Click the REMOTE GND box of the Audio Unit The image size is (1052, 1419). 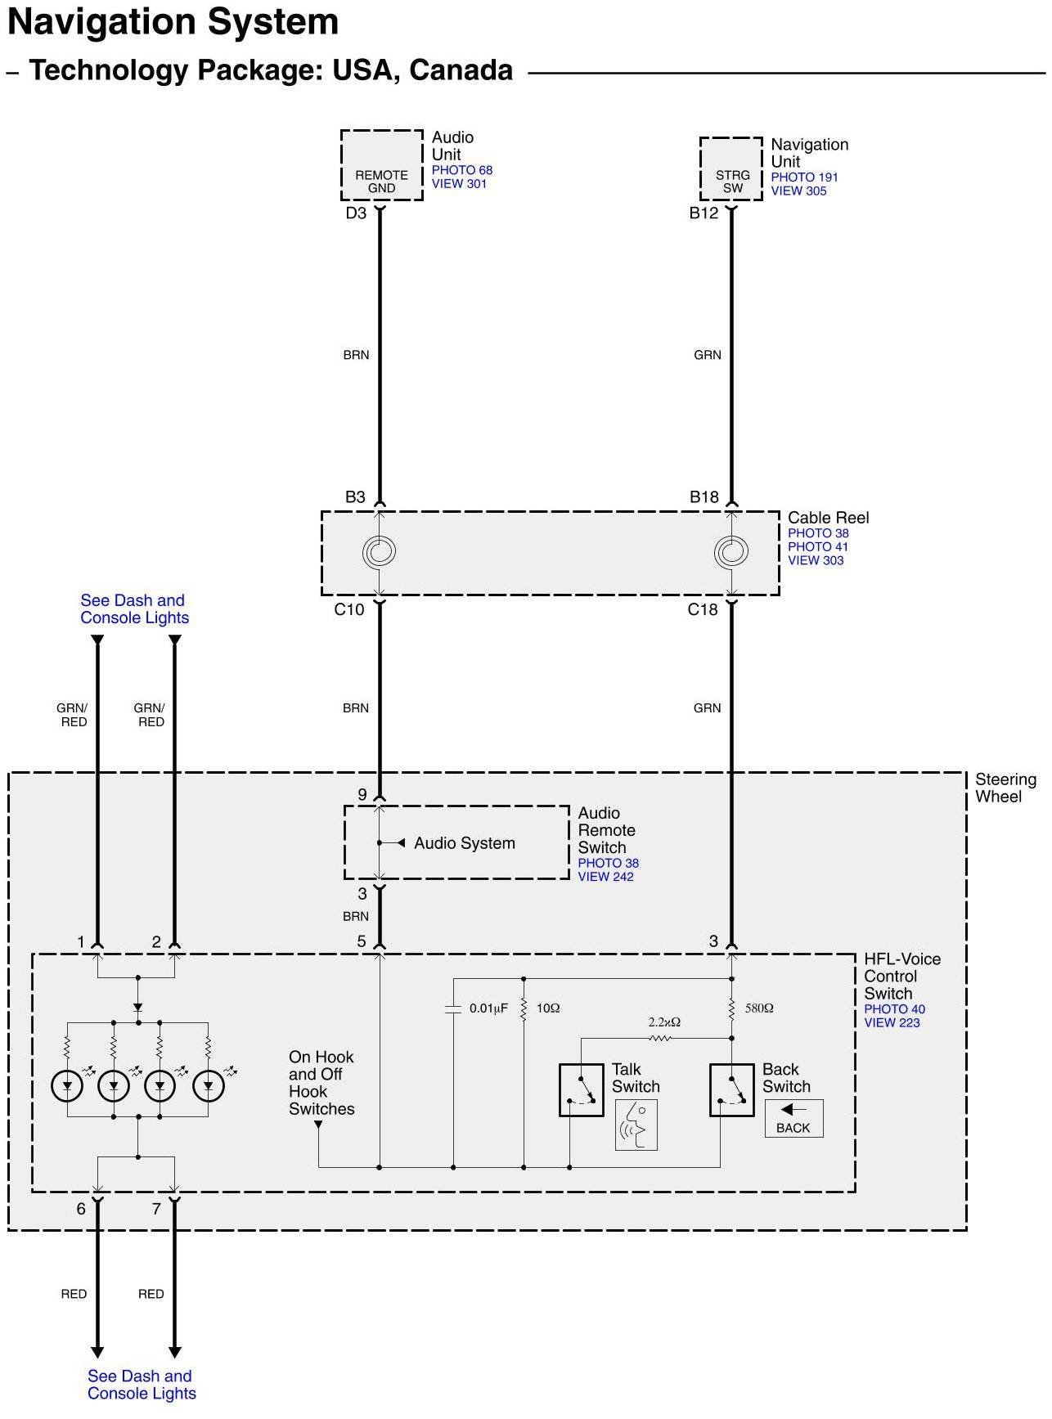tap(381, 165)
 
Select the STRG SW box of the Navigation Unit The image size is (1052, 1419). tap(731, 169)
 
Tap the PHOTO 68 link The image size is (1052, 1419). tap(461, 170)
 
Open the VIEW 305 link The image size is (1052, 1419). tap(798, 191)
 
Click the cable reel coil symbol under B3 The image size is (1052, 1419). tap(380, 552)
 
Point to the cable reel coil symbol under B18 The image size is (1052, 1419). tap(731, 552)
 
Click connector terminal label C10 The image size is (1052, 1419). tap(349, 609)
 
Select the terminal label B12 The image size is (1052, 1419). tap(704, 213)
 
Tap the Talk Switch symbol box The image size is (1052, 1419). tap(581, 1089)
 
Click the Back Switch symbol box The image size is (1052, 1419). tap(731, 1089)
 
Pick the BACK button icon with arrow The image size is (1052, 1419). tap(793, 1118)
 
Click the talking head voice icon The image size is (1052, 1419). tap(636, 1125)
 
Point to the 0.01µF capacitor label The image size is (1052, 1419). tap(488, 1008)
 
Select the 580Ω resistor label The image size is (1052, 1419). tap(759, 1008)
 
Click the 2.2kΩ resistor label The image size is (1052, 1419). tap(664, 1022)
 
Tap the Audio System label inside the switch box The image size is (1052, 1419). tap(464, 843)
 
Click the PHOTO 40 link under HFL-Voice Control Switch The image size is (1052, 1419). tap(894, 1009)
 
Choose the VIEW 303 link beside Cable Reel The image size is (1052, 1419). tap(816, 561)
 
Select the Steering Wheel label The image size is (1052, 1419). tap(1005, 788)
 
